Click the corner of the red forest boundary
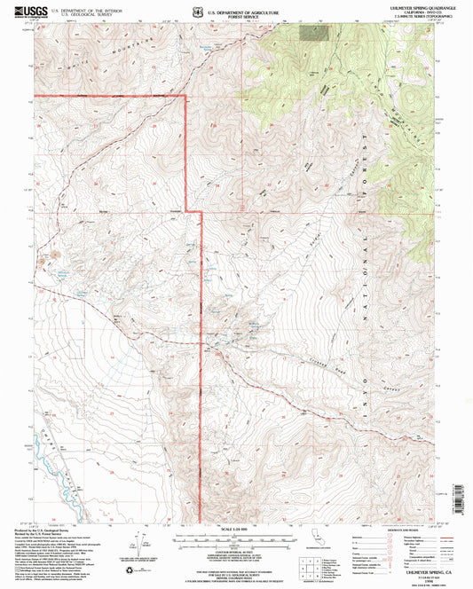pos(185,95)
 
